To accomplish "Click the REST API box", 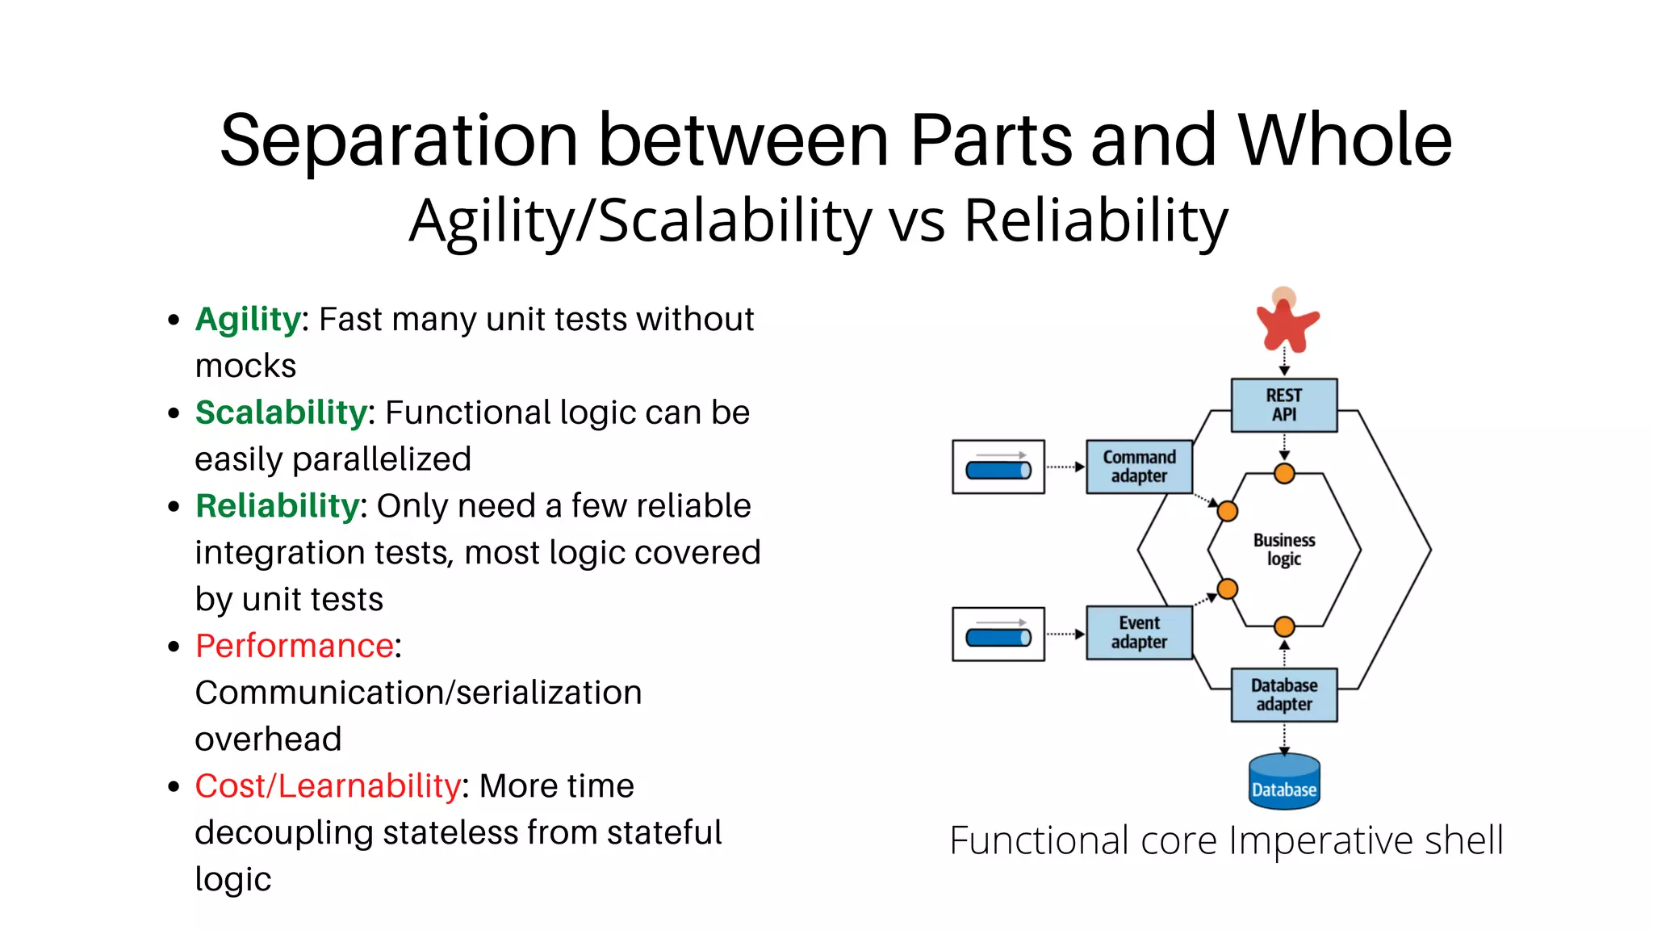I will (1283, 405).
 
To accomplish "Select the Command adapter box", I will (1139, 467).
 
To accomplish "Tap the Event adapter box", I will (1139, 633).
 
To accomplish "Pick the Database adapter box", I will (1283, 694).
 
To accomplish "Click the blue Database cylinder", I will (1283, 781).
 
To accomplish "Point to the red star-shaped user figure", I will (1286, 323).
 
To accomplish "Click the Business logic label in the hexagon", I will (1283, 550).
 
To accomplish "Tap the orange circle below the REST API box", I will (1284, 474).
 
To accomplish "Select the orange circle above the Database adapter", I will (1284, 626).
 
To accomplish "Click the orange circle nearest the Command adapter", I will (1227, 511).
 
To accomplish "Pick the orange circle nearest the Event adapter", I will (1227, 589).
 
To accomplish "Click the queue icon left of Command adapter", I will (998, 467).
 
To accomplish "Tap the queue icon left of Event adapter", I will (998, 635).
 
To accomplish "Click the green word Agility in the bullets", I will (248, 320).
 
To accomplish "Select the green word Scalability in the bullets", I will (281, 413).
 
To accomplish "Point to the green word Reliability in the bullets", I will (277, 506).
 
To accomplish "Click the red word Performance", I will (295, 646).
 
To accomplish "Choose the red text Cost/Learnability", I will (328, 786).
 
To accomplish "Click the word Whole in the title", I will (1345, 140).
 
